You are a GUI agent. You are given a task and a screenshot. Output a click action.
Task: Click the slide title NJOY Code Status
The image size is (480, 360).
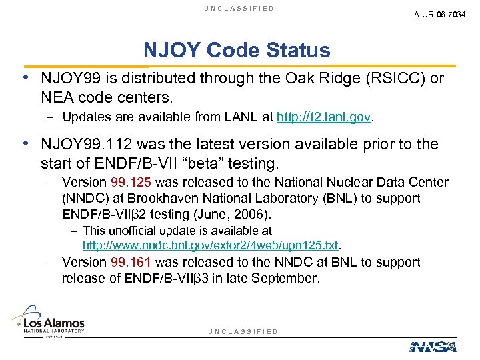[237, 51]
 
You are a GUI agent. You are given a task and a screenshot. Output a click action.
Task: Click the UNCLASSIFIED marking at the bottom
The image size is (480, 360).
[243, 331]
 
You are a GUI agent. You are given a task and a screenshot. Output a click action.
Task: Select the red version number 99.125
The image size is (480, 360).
[131, 183]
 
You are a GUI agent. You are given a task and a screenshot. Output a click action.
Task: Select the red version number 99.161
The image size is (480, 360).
[131, 263]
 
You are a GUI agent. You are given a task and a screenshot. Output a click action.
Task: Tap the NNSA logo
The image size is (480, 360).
[433, 347]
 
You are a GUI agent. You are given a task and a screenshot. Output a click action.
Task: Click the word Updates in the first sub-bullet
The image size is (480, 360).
[83, 119]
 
